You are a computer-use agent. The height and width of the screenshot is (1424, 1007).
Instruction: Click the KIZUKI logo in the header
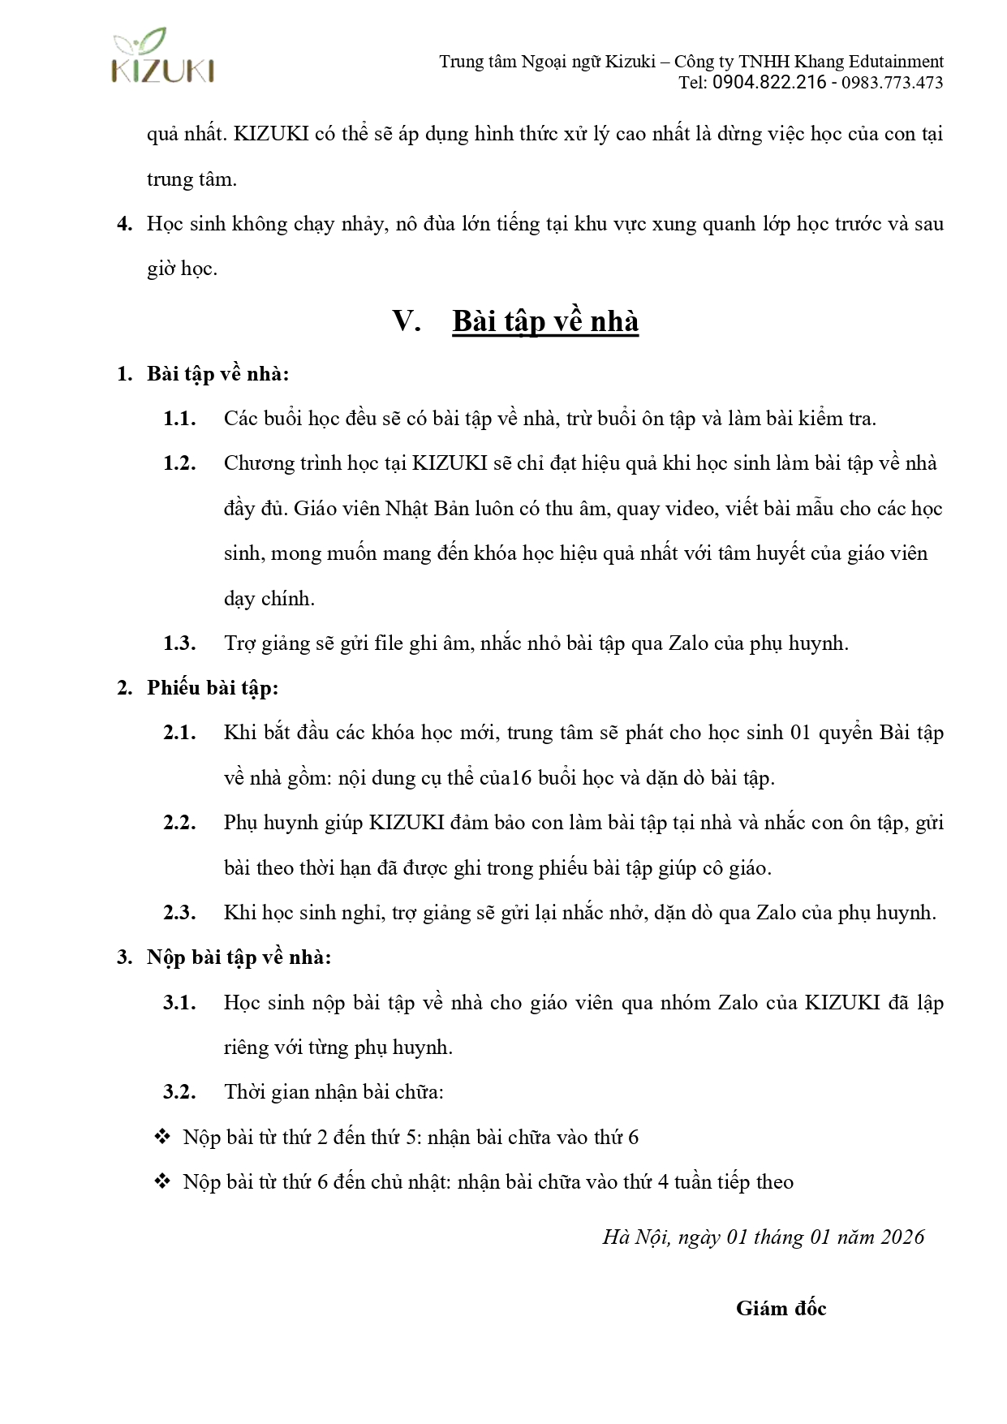click(x=163, y=57)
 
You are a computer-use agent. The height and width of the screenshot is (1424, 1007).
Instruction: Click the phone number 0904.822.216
click(x=769, y=83)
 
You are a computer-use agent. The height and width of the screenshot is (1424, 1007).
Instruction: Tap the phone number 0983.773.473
click(x=892, y=83)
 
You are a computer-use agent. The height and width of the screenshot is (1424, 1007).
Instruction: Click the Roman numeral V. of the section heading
click(x=406, y=321)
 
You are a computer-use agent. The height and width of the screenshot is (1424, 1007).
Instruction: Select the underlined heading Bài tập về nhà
click(x=545, y=321)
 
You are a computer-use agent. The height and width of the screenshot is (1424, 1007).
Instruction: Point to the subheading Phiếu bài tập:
click(x=213, y=688)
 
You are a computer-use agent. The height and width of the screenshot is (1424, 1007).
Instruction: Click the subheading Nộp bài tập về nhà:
click(x=239, y=957)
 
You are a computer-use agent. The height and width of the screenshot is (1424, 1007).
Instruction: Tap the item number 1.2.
click(x=179, y=463)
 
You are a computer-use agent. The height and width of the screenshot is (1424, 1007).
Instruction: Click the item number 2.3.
click(x=179, y=913)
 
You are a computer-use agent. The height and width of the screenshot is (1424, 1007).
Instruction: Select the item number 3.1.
click(x=179, y=1003)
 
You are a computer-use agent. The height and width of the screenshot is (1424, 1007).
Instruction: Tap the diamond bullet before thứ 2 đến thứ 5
click(x=162, y=1137)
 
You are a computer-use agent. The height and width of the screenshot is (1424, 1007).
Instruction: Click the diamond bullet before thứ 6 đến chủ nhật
click(x=162, y=1181)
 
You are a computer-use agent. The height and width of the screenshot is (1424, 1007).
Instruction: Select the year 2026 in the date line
click(x=902, y=1237)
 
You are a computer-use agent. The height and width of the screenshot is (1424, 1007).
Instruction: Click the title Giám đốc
click(x=781, y=1308)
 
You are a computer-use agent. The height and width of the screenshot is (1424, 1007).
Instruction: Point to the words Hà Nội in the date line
click(x=636, y=1237)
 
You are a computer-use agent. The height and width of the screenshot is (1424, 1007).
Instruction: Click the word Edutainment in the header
click(x=896, y=62)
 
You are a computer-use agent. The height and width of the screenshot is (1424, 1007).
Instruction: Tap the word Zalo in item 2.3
click(x=776, y=913)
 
